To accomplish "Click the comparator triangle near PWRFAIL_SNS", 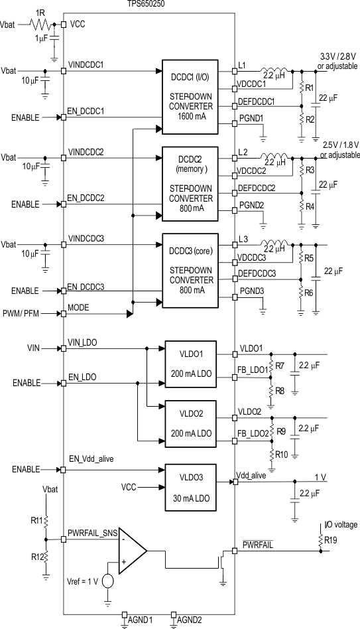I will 131,551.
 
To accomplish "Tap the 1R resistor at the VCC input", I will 41,24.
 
